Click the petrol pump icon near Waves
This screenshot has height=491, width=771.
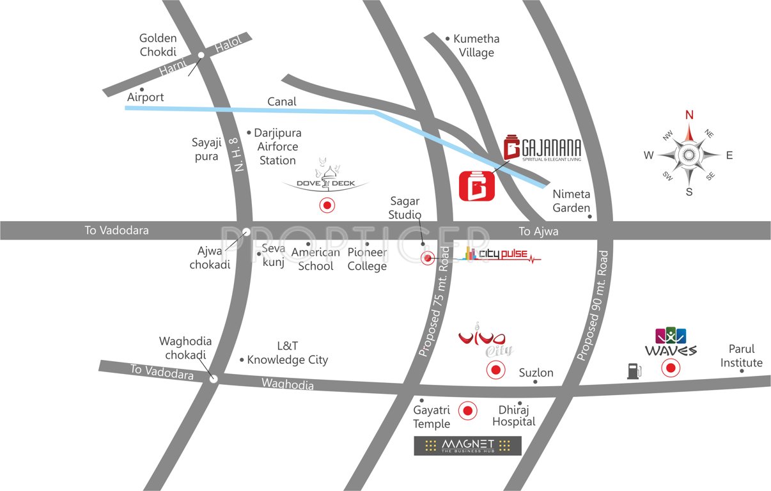[x=634, y=371]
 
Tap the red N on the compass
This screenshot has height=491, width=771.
[x=689, y=115]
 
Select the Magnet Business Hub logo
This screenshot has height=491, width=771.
[x=467, y=446]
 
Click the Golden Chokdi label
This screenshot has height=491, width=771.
[x=158, y=45]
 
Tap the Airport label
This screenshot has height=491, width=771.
[x=146, y=97]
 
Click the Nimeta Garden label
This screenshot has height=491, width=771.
[x=572, y=200]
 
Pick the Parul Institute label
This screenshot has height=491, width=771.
[x=742, y=356]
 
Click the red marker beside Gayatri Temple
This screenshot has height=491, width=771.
[x=468, y=411]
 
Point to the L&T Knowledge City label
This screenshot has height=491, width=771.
[x=287, y=353]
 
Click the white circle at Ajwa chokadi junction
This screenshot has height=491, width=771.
[x=246, y=231]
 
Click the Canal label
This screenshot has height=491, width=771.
[x=281, y=102]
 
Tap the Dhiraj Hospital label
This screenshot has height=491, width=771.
[x=517, y=416]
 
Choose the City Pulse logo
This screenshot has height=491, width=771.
[x=501, y=255]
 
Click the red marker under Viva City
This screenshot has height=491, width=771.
[x=495, y=370]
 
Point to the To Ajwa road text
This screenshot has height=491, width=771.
[x=538, y=231]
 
